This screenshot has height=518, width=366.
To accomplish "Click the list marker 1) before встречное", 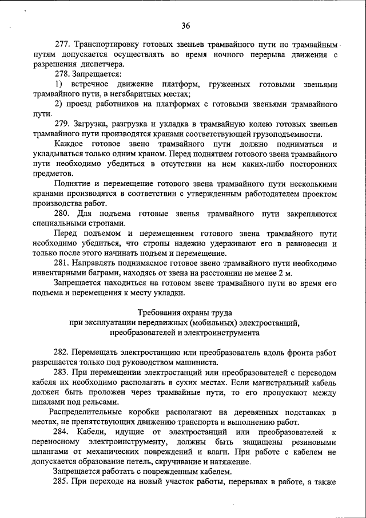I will [x=58, y=85].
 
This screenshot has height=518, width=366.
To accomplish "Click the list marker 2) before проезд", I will [x=58, y=104].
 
